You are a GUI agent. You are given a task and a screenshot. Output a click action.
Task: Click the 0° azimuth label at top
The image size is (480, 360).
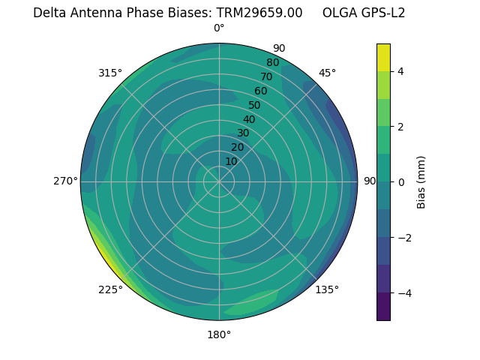coord(219,28)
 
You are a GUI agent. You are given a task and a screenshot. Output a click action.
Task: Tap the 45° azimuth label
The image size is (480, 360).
coord(327,73)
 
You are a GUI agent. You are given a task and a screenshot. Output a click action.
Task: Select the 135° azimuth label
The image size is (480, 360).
coord(327,289)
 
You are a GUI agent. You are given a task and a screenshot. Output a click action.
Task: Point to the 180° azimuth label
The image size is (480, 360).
coord(219,334)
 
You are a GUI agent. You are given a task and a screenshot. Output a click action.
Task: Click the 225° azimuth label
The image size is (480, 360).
coord(110,289)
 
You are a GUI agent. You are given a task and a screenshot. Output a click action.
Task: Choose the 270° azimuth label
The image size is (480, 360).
coord(66,181)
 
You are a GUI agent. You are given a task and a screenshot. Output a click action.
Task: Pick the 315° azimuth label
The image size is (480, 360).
coord(110,73)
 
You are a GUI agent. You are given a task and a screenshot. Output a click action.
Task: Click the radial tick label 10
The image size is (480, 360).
coord(231,161)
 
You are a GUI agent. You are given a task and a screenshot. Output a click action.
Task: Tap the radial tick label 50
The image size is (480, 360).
coord(254,105)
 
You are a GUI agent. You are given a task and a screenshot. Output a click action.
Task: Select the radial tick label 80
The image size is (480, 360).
coord(272,62)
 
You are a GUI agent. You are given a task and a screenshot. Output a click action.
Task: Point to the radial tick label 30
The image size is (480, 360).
coord(243,133)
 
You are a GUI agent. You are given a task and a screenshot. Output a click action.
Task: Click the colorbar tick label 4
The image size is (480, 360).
coord(400,71)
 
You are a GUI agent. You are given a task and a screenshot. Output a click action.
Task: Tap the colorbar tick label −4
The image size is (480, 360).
coord(403,293)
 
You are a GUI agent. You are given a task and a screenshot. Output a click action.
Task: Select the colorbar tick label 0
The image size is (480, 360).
coord(400,182)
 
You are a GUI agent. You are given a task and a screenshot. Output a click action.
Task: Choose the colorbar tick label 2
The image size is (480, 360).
coord(400,127)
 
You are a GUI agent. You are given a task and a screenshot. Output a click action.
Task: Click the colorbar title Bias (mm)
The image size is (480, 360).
coord(421,182)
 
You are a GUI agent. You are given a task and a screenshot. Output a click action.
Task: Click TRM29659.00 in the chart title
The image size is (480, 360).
coord(259,13)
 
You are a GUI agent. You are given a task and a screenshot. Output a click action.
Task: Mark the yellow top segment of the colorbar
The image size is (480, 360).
coord(383,58)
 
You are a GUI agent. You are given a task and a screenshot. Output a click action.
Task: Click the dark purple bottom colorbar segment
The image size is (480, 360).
coord(383,307)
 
